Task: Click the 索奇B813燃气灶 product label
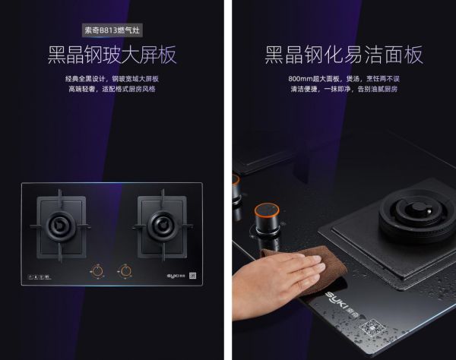click(x=112, y=30)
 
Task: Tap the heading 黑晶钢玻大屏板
click(x=112, y=55)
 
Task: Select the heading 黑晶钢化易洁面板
click(x=344, y=55)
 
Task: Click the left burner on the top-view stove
click(x=60, y=226)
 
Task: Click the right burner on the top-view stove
click(x=162, y=226)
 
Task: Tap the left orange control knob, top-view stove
click(x=97, y=271)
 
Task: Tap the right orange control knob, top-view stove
click(x=125, y=271)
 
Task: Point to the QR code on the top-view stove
click(x=192, y=276)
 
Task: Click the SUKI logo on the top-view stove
click(x=176, y=276)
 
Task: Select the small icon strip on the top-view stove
click(x=40, y=277)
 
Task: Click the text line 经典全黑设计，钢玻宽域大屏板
click(x=112, y=79)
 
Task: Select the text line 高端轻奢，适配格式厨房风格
click(x=112, y=89)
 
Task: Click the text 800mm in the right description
click(x=300, y=79)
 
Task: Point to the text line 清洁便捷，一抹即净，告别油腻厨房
click(x=344, y=89)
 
